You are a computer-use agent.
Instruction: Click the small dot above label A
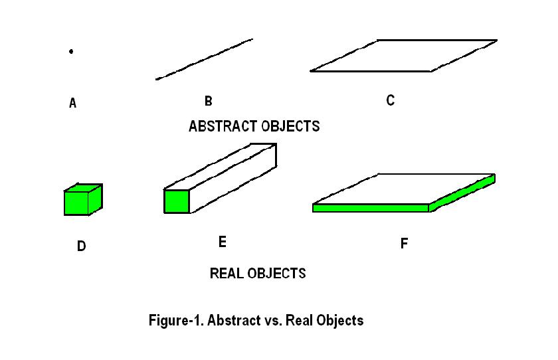click(x=71, y=51)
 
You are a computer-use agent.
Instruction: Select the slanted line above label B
click(x=205, y=59)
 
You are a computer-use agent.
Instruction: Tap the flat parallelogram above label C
click(x=404, y=55)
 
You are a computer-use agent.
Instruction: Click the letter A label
click(x=72, y=104)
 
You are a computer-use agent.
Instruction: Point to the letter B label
click(x=208, y=101)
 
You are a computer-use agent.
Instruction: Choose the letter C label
click(x=391, y=100)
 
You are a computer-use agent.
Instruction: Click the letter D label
click(x=81, y=246)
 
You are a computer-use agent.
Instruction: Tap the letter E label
click(x=223, y=242)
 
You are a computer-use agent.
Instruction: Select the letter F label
click(x=404, y=244)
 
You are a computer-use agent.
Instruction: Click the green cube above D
click(x=81, y=201)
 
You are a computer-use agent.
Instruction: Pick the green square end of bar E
click(x=177, y=201)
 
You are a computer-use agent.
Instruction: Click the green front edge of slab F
click(x=371, y=208)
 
